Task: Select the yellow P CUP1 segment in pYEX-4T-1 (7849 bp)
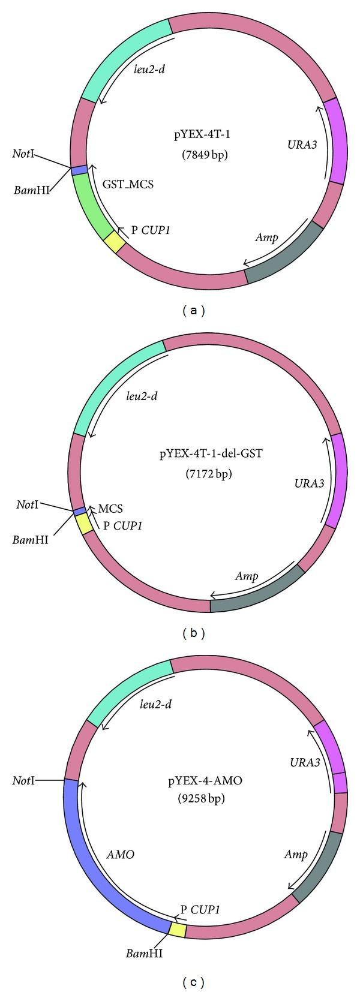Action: click(115, 244)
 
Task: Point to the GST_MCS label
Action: click(128, 184)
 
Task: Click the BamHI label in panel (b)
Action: click(31, 539)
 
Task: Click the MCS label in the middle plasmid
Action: click(110, 509)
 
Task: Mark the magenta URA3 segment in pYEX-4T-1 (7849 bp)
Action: click(336, 140)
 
